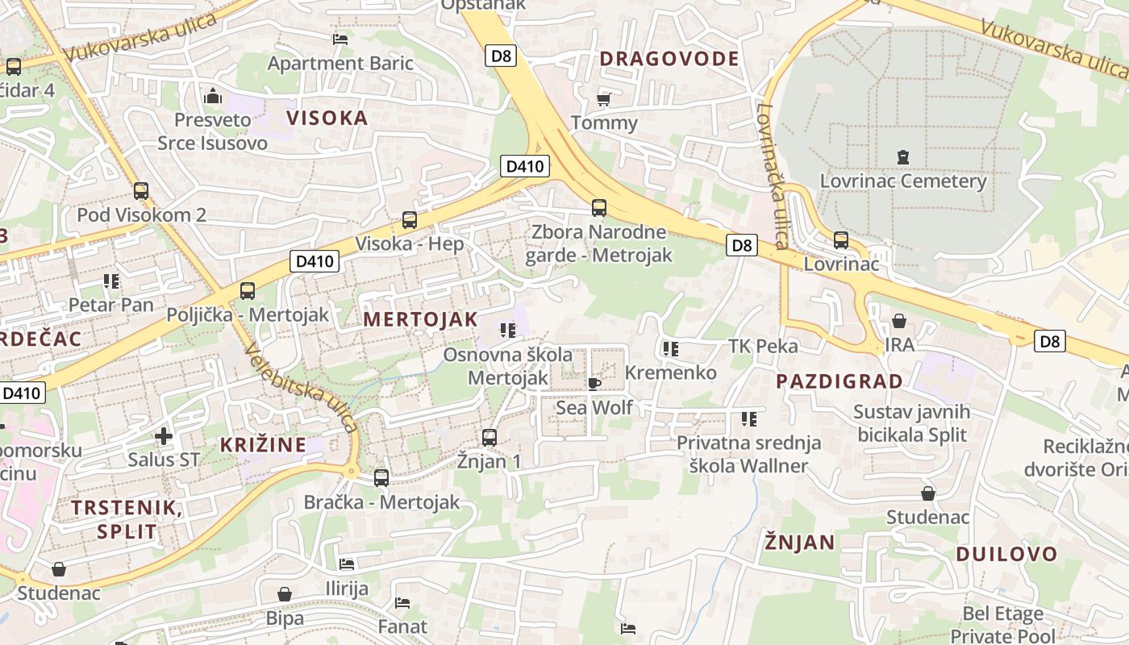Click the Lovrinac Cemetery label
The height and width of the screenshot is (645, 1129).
902,181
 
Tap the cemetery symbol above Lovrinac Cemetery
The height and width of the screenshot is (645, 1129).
902,156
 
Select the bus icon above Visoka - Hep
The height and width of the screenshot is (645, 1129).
409,219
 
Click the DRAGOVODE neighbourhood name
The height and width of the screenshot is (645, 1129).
669,58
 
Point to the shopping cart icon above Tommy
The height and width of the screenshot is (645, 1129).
603,99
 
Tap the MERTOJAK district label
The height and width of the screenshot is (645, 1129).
420,318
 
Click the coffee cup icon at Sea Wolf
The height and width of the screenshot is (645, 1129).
594,383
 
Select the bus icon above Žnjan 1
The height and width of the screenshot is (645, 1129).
489,437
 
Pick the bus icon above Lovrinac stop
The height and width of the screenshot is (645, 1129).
840,239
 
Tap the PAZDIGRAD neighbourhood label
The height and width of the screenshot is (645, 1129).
839,381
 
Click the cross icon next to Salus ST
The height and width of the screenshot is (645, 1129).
164,436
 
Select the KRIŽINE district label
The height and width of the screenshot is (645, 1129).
263,444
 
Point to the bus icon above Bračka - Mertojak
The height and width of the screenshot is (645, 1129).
381,477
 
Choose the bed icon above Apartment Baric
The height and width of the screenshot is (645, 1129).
340,39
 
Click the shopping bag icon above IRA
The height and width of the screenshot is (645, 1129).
899,321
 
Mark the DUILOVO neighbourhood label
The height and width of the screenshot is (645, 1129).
1006,554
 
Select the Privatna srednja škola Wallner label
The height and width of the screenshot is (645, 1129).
748,454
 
